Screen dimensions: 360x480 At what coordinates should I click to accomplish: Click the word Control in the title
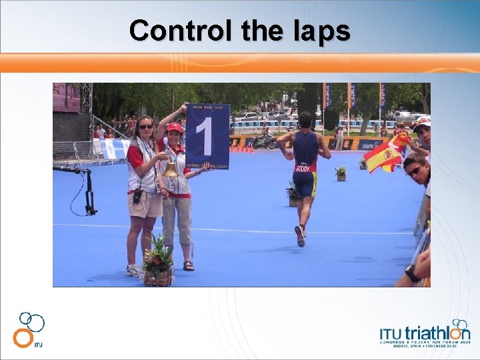coord(172,31)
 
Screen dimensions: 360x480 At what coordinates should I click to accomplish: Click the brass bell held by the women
coord(171,169)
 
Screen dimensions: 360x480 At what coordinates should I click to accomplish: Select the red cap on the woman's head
coord(175,127)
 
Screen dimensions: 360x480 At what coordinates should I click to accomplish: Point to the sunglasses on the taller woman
coord(145,127)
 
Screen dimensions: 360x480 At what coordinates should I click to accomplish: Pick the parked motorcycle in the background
coord(264,142)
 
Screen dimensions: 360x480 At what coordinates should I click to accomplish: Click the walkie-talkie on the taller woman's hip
coord(137,196)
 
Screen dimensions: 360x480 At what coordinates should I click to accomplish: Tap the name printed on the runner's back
coord(303,168)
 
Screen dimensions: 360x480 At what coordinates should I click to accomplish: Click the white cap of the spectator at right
coord(422,123)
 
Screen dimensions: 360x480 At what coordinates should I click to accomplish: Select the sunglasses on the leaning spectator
coord(414,171)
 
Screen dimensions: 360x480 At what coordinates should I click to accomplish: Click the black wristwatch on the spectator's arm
coord(412,273)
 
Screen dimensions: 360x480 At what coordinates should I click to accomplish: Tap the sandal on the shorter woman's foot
coord(189,266)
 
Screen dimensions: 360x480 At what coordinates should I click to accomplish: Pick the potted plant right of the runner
coord(341,173)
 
